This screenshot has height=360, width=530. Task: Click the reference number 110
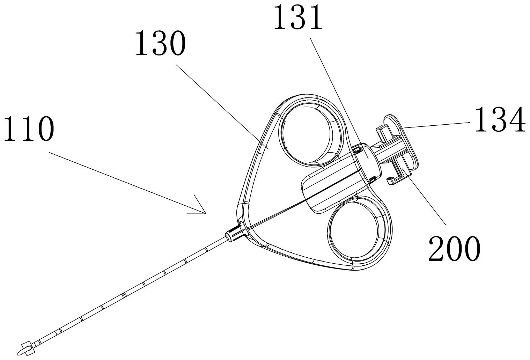pyautogui.click(x=29, y=129)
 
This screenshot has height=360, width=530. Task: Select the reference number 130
pyautogui.click(x=160, y=43)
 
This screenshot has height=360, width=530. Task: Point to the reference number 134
pyautogui.click(x=500, y=119)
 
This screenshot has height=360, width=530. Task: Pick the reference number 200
pyautogui.click(x=455, y=249)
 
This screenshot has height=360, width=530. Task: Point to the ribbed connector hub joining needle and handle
pyautogui.click(x=234, y=234)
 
